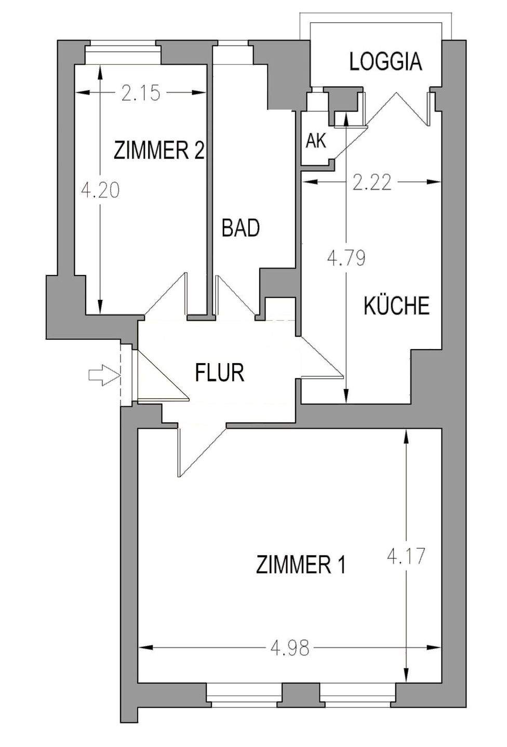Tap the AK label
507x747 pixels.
(x=316, y=141)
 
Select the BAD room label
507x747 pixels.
(x=241, y=228)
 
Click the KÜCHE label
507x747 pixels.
(x=396, y=306)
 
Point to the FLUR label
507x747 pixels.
(x=220, y=372)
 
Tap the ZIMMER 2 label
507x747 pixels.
(x=158, y=151)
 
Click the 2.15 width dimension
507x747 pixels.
(x=141, y=93)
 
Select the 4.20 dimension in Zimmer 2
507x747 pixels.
(x=101, y=190)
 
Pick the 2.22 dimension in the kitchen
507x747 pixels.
(x=371, y=182)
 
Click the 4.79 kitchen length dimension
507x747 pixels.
(x=346, y=258)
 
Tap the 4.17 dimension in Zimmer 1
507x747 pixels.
(x=407, y=557)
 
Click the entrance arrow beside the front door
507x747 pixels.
(x=101, y=374)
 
